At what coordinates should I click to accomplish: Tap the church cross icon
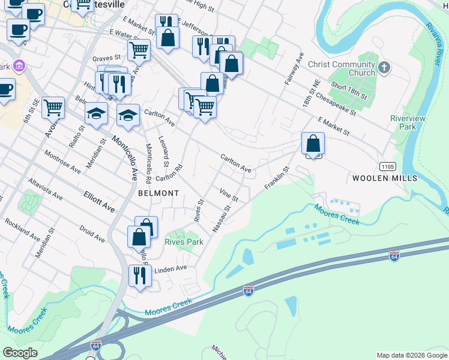[384, 67]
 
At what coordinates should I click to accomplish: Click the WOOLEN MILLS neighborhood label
[385, 179]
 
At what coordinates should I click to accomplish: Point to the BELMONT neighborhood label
[158, 193]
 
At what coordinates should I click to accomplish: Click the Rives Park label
[184, 242]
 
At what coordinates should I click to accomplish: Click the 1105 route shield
[387, 165]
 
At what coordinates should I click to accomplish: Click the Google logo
[20, 353]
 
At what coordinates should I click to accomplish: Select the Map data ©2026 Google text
[411, 355]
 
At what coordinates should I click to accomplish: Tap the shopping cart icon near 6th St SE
[53, 107]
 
